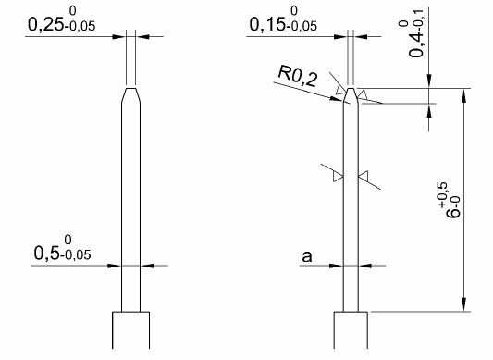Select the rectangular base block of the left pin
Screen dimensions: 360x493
(131, 329)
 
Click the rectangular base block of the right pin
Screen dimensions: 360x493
(351, 329)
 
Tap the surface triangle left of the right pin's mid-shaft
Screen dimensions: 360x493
(339, 175)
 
